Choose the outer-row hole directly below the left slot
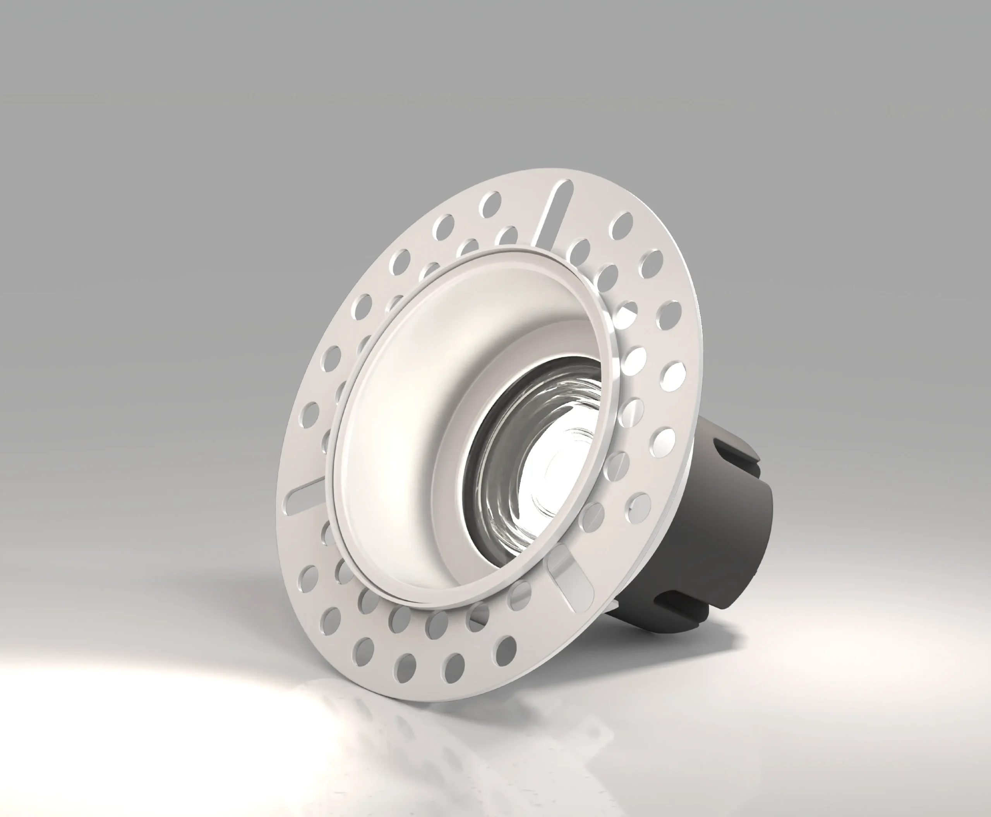pos(309,579)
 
